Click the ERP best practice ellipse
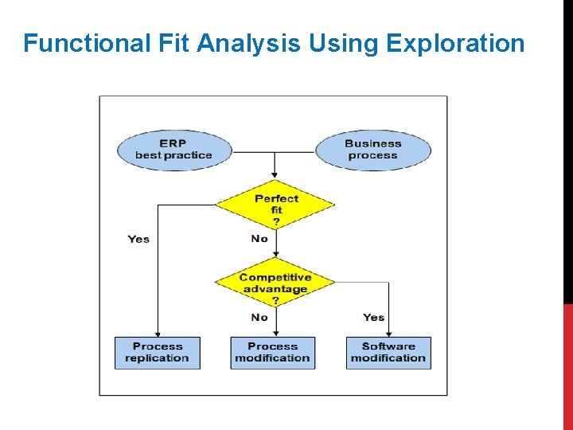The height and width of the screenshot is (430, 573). click(173, 150)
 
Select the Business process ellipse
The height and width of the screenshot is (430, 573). click(372, 150)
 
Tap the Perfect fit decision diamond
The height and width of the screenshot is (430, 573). click(275, 205)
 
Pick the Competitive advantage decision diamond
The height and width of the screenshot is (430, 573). click(275, 283)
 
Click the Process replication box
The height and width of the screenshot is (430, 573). click(157, 352)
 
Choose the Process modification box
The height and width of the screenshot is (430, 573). click(272, 352)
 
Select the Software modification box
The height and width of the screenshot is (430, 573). click(388, 352)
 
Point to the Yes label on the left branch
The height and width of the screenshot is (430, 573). click(138, 239)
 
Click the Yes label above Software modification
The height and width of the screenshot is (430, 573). click(373, 317)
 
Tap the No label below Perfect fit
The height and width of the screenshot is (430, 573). click(259, 238)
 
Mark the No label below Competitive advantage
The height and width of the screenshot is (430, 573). click(259, 317)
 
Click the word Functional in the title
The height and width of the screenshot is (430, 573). click(86, 43)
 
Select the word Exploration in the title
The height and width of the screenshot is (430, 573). click(455, 43)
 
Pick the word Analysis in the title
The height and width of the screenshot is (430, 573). click(249, 43)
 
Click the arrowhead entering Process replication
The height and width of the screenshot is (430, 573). click(158, 334)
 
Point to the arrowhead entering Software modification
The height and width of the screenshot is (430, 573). click(389, 334)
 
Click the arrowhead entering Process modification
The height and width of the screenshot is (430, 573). click(275, 334)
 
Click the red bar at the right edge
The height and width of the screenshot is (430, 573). click(567, 366)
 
